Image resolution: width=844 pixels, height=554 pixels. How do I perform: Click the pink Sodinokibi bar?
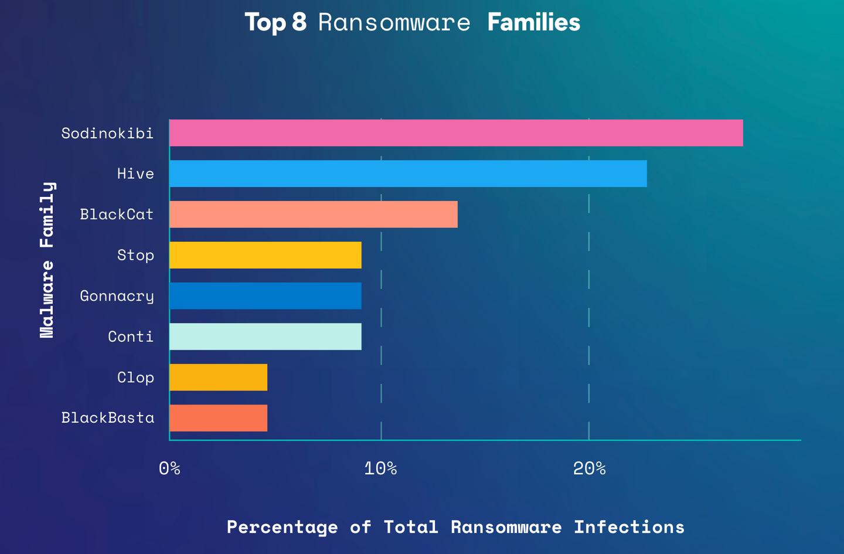point(456,133)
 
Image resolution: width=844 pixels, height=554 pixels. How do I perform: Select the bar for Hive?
point(408,174)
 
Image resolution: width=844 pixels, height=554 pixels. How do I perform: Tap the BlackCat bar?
point(314,215)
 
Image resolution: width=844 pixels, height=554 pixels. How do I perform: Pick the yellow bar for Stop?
point(266,255)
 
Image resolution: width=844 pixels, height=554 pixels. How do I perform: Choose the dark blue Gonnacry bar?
point(266,296)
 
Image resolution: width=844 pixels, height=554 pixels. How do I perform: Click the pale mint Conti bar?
point(266,337)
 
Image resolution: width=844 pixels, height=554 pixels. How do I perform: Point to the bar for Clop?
point(219,377)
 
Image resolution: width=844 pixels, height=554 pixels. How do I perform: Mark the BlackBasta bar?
point(219,418)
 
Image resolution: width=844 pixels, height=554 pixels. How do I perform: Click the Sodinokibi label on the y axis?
point(107,134)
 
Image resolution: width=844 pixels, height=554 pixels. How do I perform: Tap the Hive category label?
point(135,174)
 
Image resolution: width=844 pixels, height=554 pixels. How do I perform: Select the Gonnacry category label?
point(117,296)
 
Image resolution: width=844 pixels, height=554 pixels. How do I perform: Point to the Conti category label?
point(131,337)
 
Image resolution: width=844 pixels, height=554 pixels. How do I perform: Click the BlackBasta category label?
point(108,418)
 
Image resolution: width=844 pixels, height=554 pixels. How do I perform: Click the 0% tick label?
point(169,468)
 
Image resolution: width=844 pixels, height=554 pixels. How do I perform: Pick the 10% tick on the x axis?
point(381,468)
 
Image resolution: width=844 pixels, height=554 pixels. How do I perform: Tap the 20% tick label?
point(589,468)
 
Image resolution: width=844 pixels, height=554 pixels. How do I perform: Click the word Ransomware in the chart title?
point(394,23)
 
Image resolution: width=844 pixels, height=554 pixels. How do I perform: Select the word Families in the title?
point(533,23)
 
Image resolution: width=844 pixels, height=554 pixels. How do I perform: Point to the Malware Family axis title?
point(47,260)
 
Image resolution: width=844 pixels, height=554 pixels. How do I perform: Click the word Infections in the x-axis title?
point(629,527)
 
